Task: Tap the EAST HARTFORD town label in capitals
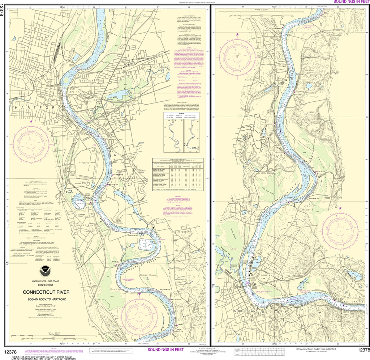pyautogui.click(x=93, y=81)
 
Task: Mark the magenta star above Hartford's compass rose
pyautogui.click(x=31, y=121)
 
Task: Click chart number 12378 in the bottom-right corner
pyautogui.click(x=363, y=350)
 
